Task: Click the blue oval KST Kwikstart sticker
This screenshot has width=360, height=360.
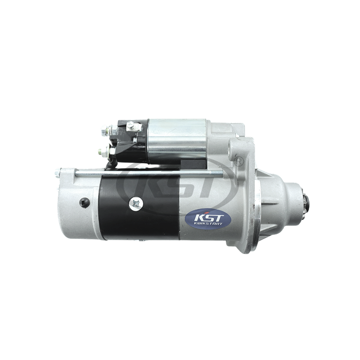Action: pos(208,219)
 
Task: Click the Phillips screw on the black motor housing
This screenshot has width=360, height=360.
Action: pos(136,204)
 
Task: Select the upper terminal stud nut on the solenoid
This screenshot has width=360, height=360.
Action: pos(106,130)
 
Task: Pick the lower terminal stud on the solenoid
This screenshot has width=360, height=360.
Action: pos(104,152)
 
